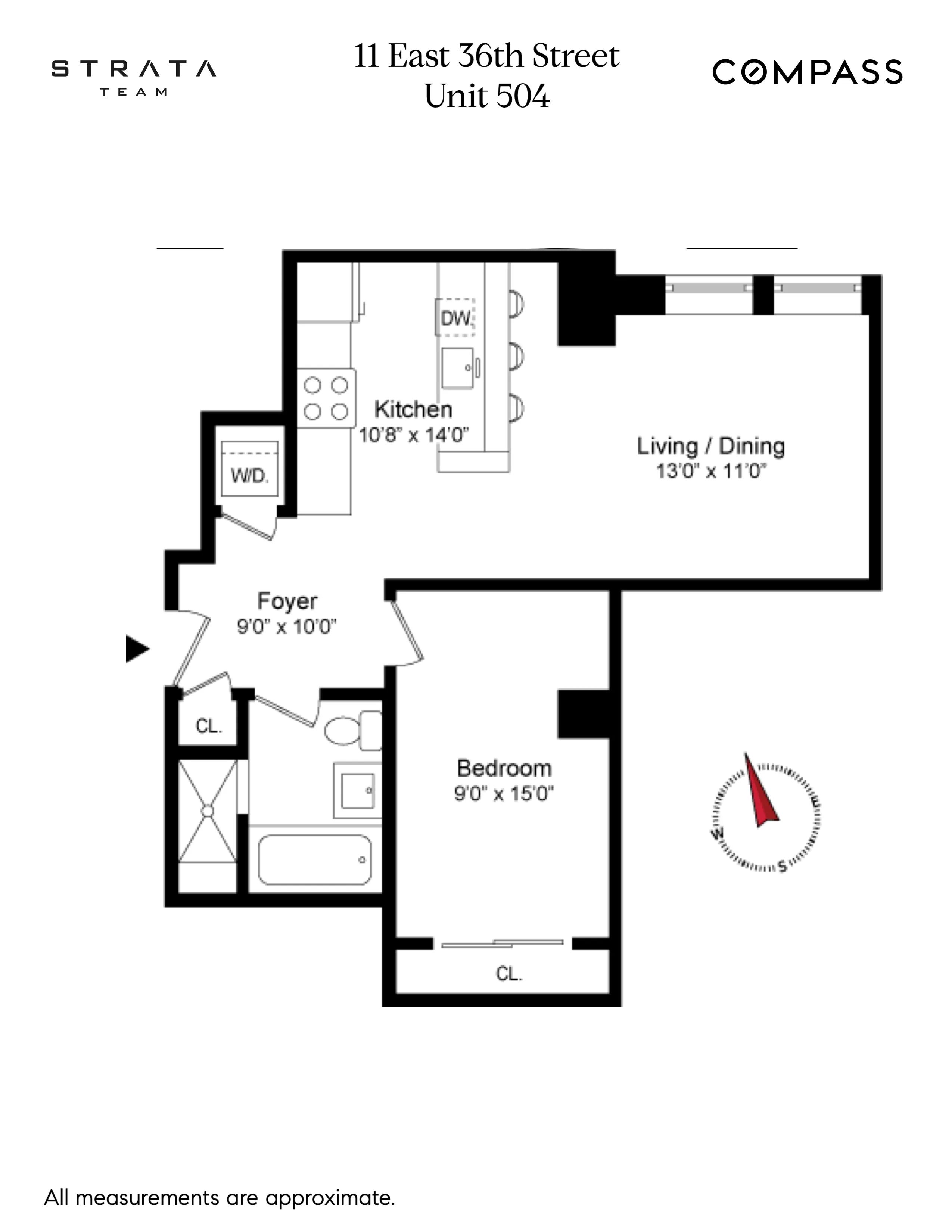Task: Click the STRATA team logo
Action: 134,76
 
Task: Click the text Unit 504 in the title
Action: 487,96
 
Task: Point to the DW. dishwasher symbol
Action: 456,318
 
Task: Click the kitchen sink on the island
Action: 457,368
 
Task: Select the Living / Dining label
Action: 710,446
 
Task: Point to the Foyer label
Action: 287,601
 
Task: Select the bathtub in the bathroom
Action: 315,860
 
